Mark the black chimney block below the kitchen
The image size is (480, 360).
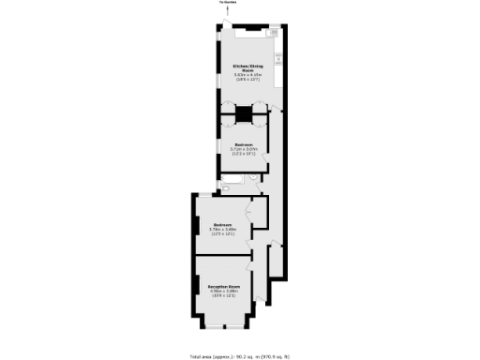244,114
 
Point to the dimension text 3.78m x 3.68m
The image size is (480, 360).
223,230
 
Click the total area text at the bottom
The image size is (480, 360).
240,356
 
